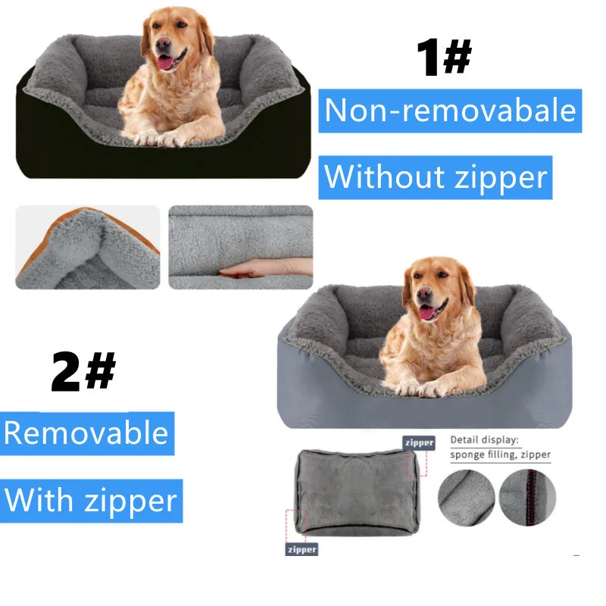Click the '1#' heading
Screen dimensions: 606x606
(444, 59)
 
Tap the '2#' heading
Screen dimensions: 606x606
(83, 371)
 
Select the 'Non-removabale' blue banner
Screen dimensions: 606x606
(450, 111)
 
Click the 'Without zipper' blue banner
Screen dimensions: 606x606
(435, 177)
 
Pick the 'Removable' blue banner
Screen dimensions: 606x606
(86, 433)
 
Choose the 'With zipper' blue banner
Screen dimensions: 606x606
(91, 501)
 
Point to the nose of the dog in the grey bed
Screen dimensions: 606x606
(424, 293)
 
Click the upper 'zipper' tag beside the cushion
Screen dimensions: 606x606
(419, 442)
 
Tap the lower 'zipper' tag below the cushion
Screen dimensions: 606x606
(301, 549)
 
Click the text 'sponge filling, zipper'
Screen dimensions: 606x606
(500, 454)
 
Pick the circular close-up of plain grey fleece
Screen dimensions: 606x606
(466, 497)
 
